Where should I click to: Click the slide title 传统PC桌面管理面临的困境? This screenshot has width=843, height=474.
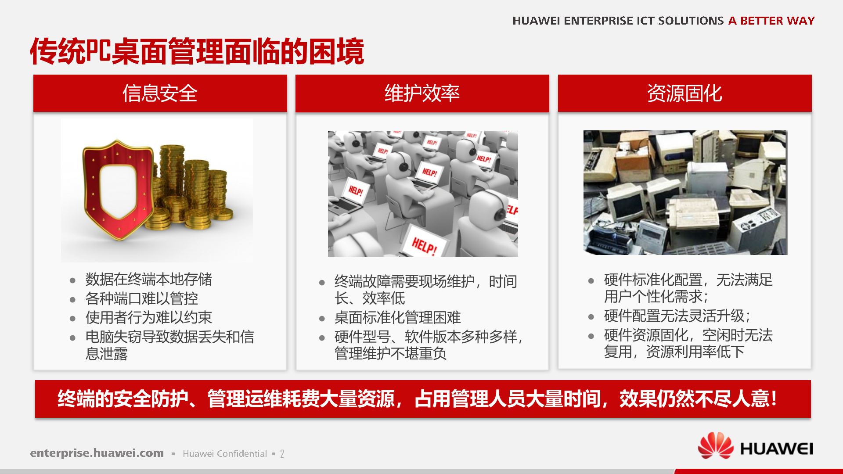click(197, 52)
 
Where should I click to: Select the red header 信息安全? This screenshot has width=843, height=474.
click(160, 93)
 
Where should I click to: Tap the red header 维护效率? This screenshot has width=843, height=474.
click(422, 93)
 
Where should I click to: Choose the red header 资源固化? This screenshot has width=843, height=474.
click(684, 93)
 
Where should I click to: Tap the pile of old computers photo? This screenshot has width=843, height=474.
click(685, 192)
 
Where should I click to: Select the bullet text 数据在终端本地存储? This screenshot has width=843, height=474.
click(148, 279)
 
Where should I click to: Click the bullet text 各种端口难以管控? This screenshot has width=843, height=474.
click(141, 298)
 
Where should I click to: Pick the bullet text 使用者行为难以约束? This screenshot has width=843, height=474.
click(148, 317)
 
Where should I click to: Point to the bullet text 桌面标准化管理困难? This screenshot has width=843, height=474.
click(397, 317)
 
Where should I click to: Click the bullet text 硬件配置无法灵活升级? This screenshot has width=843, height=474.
click(677, 316)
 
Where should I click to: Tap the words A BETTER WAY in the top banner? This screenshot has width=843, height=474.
click(771, 21)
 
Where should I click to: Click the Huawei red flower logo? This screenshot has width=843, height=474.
click(715, 445)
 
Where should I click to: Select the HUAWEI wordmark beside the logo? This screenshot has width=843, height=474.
click(776, 449)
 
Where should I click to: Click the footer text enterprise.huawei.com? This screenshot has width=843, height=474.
click(97, 453)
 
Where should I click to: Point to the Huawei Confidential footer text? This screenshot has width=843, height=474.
click(225, 454)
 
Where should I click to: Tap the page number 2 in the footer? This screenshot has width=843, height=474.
click(282, 454)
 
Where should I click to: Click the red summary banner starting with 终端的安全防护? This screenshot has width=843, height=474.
click(422, 399)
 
